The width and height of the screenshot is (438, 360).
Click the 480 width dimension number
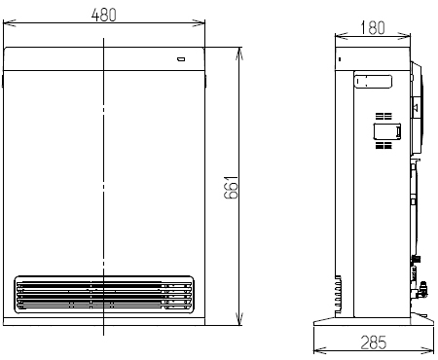[x=103, y=15]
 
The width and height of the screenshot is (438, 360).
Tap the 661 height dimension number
[x=231, y=188]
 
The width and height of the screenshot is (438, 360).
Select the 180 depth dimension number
[x=373, y=27]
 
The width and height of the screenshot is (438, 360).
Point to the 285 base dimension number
[x=374, y=342]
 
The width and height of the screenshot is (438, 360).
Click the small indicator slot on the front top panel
[x=181, y=59]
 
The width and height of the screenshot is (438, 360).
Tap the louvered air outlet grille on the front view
[x=104, y=295]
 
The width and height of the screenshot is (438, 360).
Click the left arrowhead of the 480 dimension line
[x=10, y=23]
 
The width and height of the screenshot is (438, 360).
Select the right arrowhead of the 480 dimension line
[x=199, y=23]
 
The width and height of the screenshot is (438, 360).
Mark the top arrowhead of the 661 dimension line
[x=239, y=54]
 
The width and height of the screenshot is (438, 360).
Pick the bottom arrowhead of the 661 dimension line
[x=239, y=319]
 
